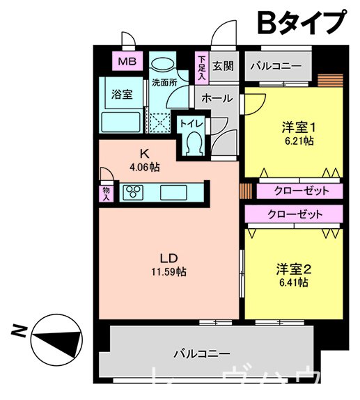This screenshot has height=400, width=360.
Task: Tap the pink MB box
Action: tap(127, 62)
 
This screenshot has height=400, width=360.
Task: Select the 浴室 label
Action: tap(123, 95)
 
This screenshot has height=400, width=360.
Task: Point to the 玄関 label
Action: tap(222, 67)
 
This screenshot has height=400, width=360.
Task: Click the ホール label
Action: tap(217, 99)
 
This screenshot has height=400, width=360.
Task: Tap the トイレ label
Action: tap(191, 122)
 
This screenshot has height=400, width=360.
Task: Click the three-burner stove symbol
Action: tap(133, 191)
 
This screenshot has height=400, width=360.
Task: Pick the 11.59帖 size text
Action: tap(170, 272)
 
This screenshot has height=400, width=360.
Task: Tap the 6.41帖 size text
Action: tap(293, 283)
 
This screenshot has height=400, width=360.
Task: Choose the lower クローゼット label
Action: tap(295, 214)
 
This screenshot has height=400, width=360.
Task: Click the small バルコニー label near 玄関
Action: tap(274, 66)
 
